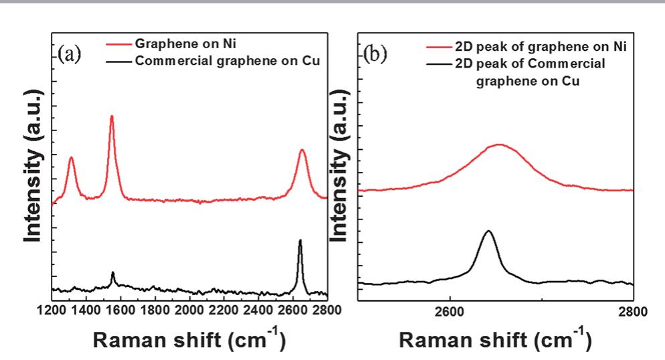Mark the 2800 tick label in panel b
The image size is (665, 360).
pos(632,311)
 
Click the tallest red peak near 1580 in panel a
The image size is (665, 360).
pos(112,116)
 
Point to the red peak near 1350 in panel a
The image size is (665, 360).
pos(71,157)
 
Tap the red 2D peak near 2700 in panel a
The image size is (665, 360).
pos(302,150)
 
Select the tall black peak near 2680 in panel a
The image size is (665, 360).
pos(300,240)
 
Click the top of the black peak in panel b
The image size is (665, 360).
pos(488,231)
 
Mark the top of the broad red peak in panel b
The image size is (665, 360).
pos(498,145)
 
